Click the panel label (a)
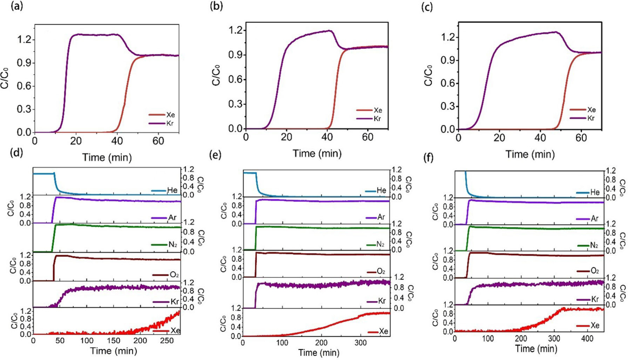(x=17, y=6)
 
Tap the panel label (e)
(x=215, y=154)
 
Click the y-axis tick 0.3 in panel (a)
(x=24, y=109)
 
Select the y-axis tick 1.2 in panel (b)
(x=236, y=30)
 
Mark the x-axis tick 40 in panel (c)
(x=540, y=138)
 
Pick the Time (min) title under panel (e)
(x=318, y=353)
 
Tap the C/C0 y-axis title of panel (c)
(x=428, y=75)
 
